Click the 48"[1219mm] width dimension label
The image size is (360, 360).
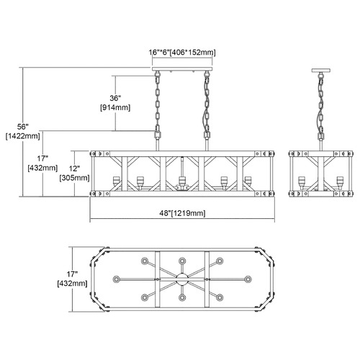(182, 213)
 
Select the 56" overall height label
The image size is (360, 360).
(23, 127)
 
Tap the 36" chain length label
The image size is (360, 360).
(115, 98)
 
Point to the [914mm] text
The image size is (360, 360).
(115, 107)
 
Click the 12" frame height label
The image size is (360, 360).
(74, 168)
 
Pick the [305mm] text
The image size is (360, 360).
(74, 178)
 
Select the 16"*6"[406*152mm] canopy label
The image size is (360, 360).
(182, 53)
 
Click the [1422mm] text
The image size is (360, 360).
(23, 136)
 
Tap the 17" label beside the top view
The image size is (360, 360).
(72, 274)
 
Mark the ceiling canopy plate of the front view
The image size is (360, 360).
(182, 69)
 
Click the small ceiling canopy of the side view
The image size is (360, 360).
(321, 71)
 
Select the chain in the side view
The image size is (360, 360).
(321, 107)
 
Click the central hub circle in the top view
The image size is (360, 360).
(182, 279)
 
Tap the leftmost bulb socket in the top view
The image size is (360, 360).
(117, 279)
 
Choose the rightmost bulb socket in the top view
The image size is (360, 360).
(248, 279)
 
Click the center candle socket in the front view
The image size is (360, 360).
(182, 181)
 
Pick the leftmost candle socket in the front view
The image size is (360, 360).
(116, 181)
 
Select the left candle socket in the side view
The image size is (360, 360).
(302, 181)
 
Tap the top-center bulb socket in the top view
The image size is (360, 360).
(182, 261)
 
